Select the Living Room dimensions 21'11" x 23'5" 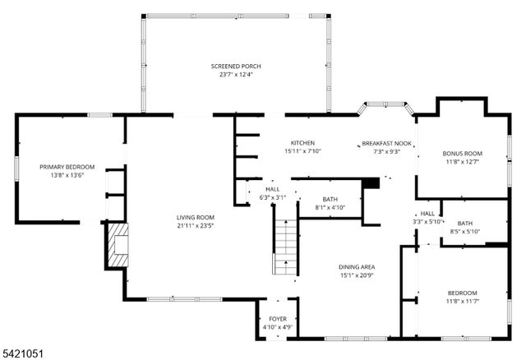pos(195,226)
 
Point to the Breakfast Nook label pos(386,144)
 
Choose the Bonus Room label pos(462,154)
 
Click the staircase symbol pos(284,247)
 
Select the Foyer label pos(279,319)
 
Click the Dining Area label pos(358,267)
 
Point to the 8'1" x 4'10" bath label pos(330,208)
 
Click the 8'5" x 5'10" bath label pos(464,232)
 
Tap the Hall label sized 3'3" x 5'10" pos(427,221)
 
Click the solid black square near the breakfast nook pos(371,183)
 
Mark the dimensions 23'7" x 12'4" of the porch pos(235,75)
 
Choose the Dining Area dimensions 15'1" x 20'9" pos(358,275)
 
